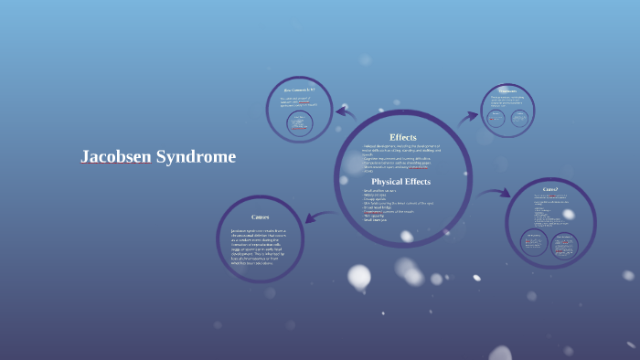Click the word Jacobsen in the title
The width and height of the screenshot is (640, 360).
[x=115, y=157]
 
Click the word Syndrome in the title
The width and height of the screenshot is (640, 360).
[x=196, y=157]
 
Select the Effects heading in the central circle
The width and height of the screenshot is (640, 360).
[x=402, y=137]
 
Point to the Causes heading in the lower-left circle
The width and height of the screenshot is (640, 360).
[x=260, y=217]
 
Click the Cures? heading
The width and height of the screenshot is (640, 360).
[x=550, y=189]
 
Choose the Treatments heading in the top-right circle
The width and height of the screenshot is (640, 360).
[x=507, y=91]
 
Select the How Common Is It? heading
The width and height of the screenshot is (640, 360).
[x=299, y=90]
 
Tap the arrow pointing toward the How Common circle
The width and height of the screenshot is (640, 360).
[x=345, y=111]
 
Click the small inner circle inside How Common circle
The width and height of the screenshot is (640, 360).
[x=300, y=124]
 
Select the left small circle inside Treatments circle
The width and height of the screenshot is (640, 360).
[x=496, y=119]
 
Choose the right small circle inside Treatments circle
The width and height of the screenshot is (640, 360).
[x=519, y=119]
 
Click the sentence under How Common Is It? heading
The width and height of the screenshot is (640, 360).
[x=298, y=101]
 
